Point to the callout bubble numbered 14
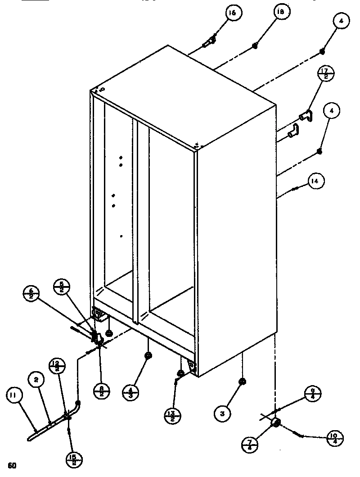click(x=316, y=182)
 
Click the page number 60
click(x=12, y=465)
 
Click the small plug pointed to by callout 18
click(x=255, y=45)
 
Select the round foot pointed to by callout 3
click(x=242, y=381)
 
